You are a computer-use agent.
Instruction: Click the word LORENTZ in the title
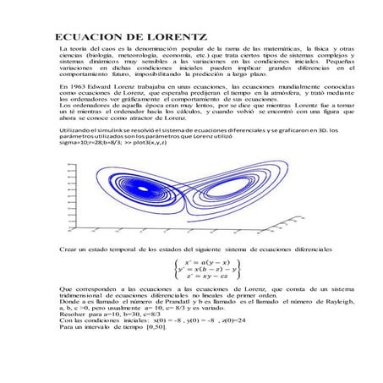coord(170,39)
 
